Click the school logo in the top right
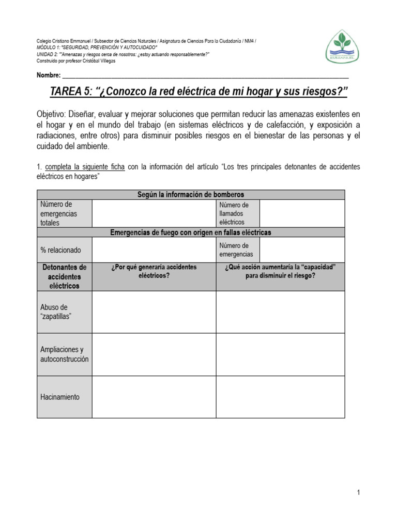pyautogui.click(x=343, y=46)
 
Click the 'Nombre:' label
pyautogui.click(x=49, y=75)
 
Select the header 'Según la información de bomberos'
pyautogui.click(x=190, y=194)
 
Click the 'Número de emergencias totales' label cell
pyautogui.click(x=59, y=213)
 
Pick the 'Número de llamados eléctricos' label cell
pyautogui.click(x=237, y=213)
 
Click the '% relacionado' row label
pyautogui.click(x=60, y=250)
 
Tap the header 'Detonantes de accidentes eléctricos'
pyautogui.click(x=64, y=276)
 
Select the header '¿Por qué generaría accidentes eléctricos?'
pyautogui.click(x=154, y=271)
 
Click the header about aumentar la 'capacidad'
pyautogui.click(x=280, y=271)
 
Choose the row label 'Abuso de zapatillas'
pyautogui.click(x=55, y=312)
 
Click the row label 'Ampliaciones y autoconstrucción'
pyautogui.click(x=64, y=354)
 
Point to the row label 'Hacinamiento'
pyautogui.click(x=60, y=397)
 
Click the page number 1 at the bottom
pyautogui.click(x=358, y=493)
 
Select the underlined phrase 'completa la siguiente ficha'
pyautogui.click(x=85, y=167)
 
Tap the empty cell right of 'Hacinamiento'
pyautogui.click(x=154, y=397)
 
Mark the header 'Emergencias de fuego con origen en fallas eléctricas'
pyautogui.click(x=190, y=232)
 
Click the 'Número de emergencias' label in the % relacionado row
pyautogui.click(x=237, y=250)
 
